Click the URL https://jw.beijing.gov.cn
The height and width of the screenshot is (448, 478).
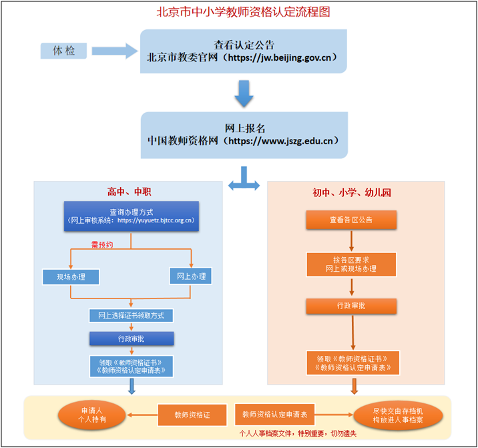tap(283, 57)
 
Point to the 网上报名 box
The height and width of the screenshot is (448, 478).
tap(244, 134)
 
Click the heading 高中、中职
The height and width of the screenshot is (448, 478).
tap(130, 192)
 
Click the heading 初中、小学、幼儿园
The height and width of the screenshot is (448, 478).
tap(352, 192)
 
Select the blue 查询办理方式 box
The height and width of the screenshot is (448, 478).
tap(132, 216)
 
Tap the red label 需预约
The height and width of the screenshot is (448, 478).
tap(102, 245)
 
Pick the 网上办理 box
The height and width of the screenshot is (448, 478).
tap(192, 276)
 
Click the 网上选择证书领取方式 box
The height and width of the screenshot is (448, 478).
tap(131, 314)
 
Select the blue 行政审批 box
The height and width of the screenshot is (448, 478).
tap(131, 338)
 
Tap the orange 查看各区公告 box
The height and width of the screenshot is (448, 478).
tap(351, 220)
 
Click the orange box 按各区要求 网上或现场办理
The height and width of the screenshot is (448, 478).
tap(351, 264)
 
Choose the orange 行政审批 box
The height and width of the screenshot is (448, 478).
tap(351, 305)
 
